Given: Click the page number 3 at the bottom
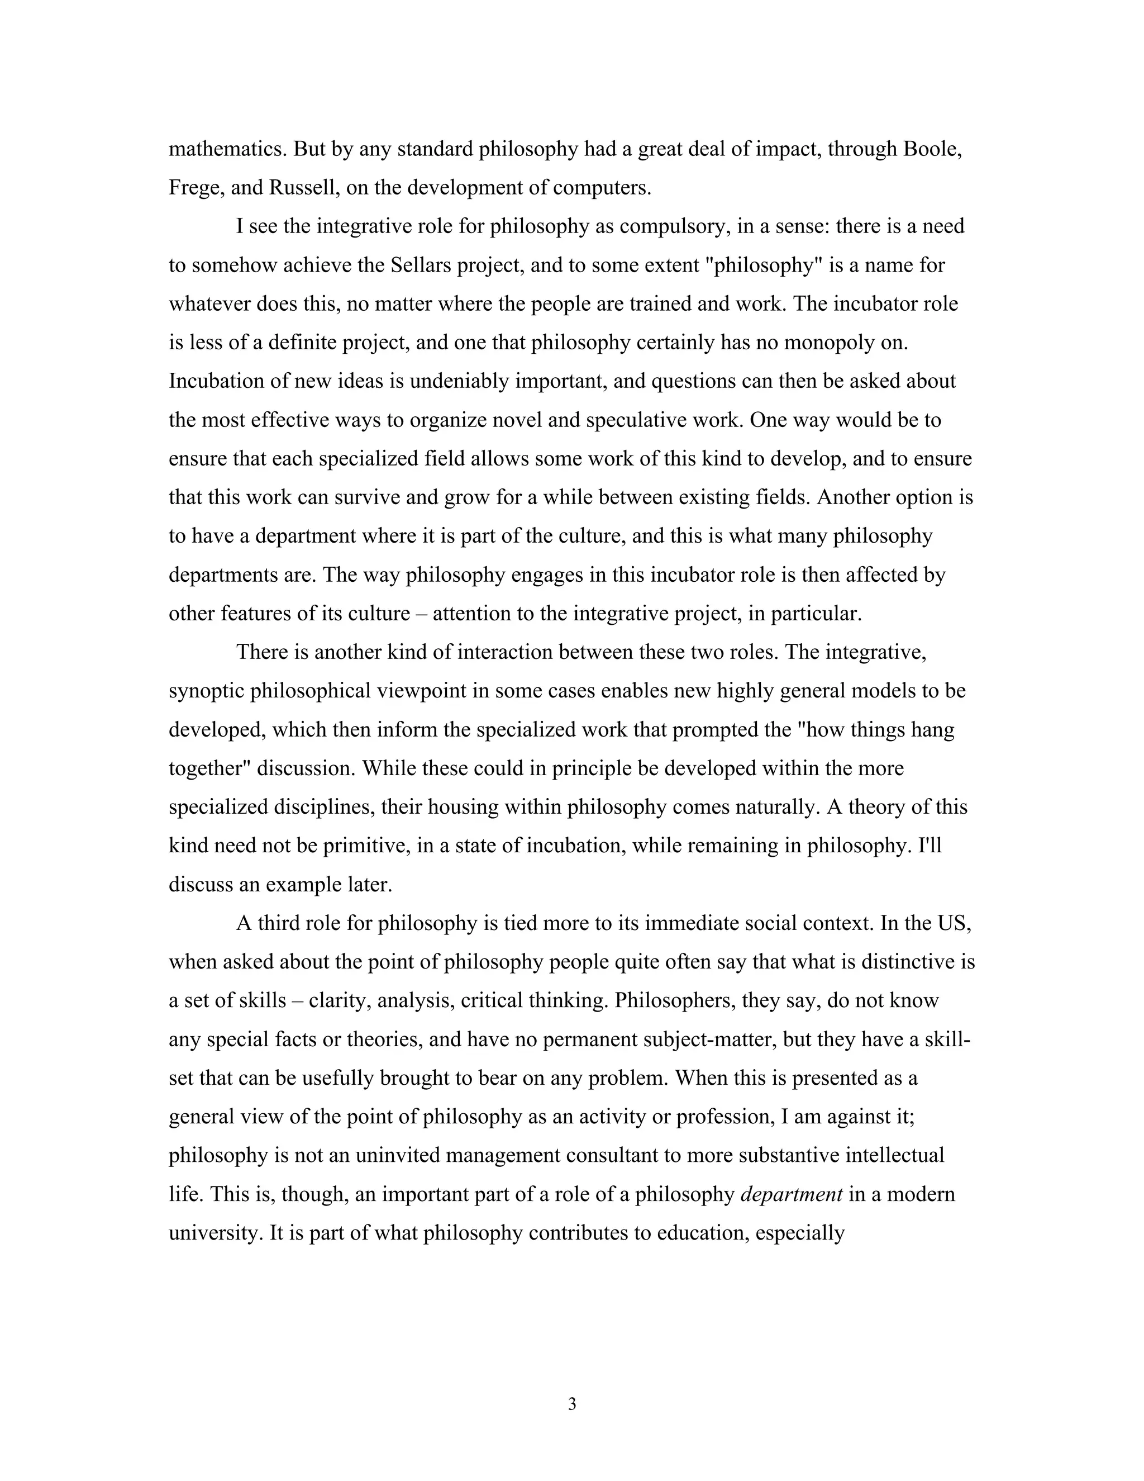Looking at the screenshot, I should click(x=571, y=1404).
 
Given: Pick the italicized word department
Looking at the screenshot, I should click(x=792, y=1194).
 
